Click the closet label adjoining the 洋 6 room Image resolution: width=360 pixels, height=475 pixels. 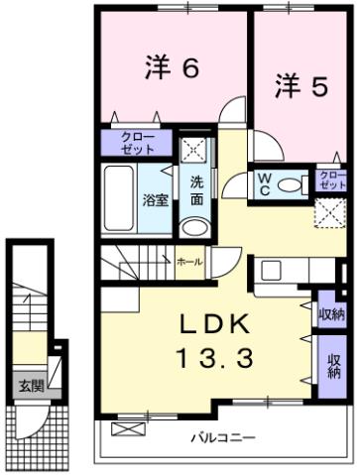137,143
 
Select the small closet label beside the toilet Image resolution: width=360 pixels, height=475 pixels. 332,180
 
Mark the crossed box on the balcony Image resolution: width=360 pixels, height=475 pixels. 127,429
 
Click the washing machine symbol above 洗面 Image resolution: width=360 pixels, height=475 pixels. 194,150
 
